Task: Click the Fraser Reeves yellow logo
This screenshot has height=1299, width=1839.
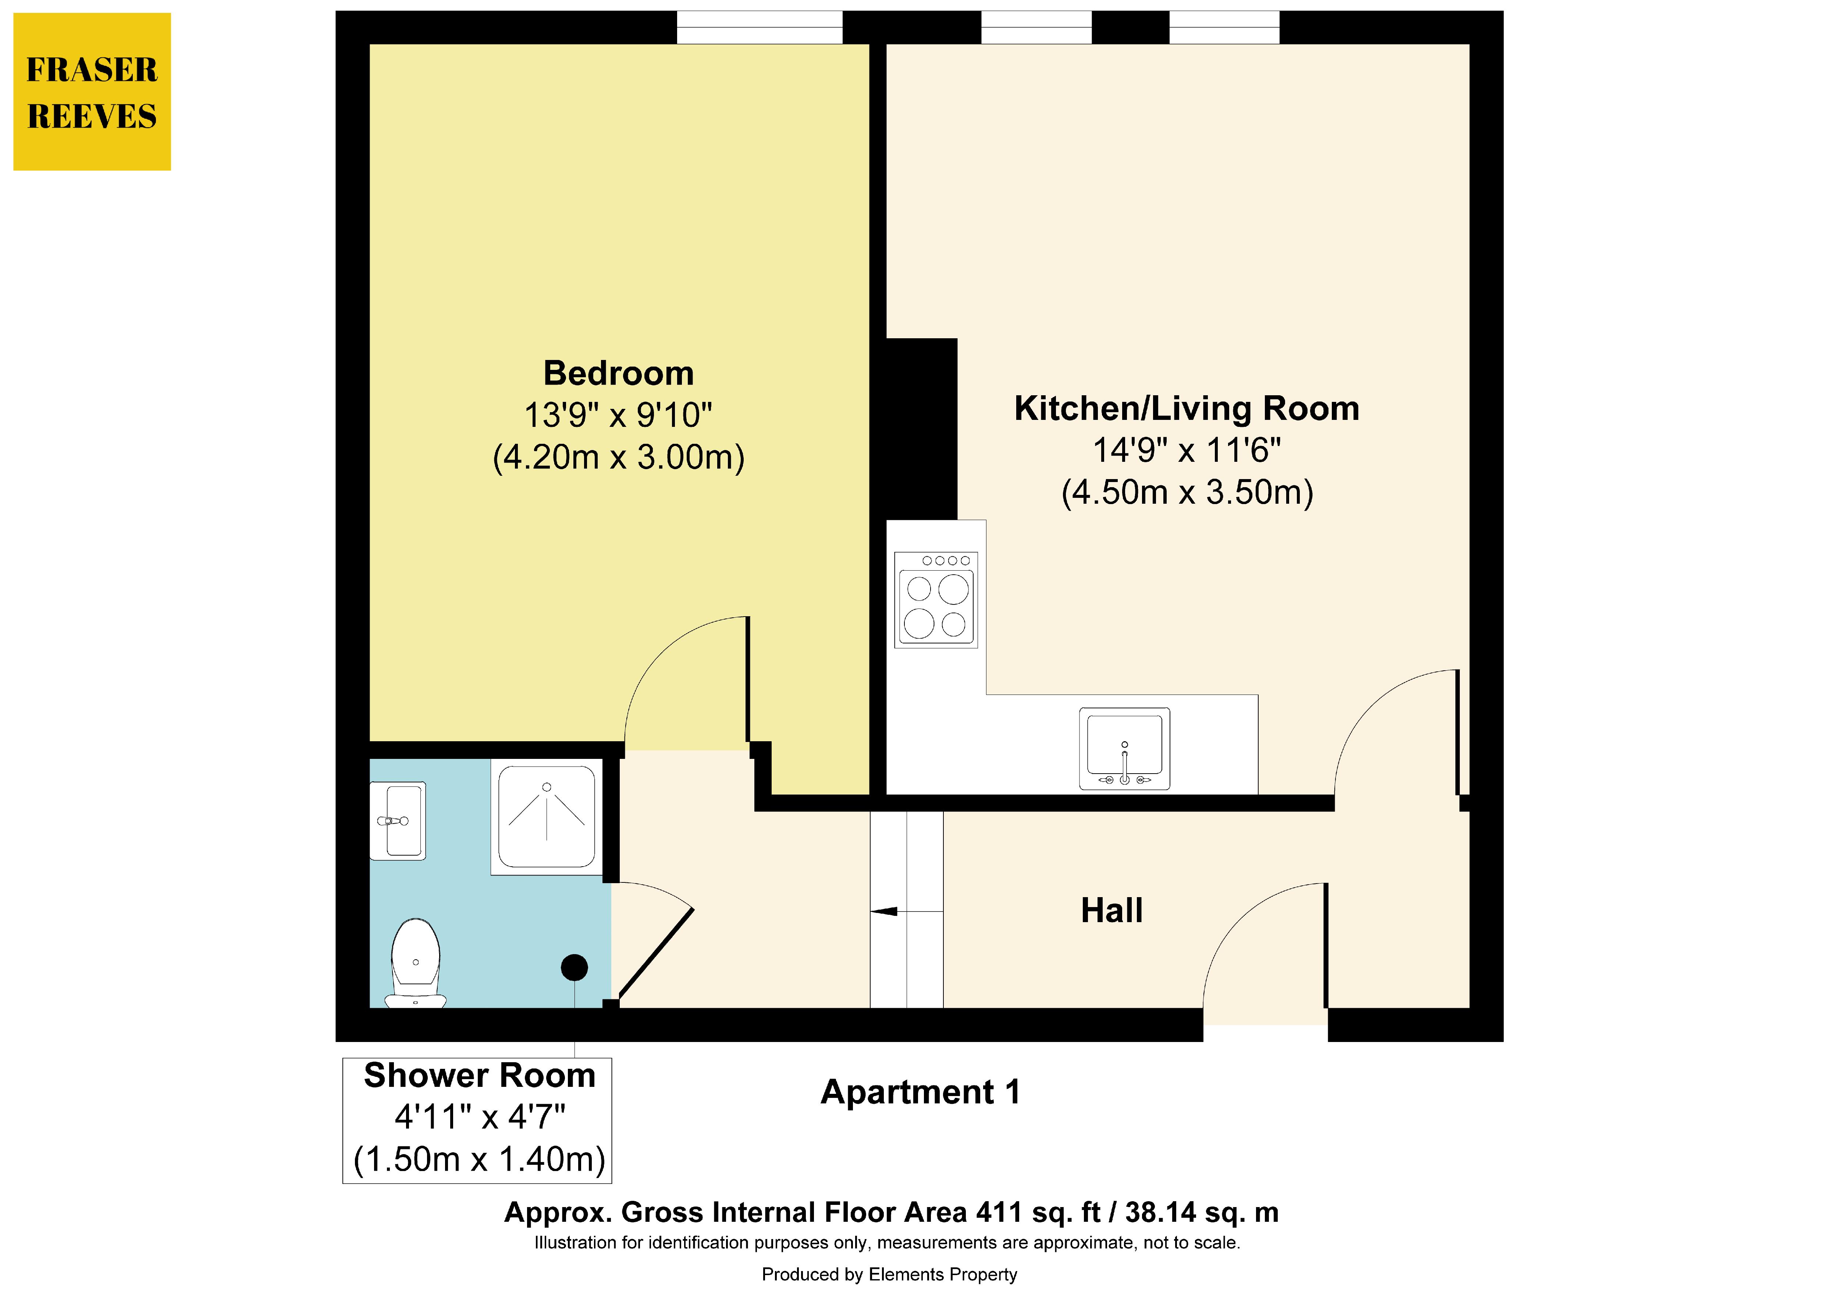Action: (92, 91)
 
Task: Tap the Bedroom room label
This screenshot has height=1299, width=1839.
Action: (618, 373)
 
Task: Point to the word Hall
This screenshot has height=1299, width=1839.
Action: (1112, 911)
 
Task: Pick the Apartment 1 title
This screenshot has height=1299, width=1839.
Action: (920, 1092)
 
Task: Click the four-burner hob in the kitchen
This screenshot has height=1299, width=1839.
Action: (936, 600)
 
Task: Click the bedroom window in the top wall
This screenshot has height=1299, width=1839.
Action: (759, 27)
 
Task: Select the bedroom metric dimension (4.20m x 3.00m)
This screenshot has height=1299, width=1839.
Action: (618, 457)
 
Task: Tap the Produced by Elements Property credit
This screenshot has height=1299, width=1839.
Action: (889, 1274)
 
